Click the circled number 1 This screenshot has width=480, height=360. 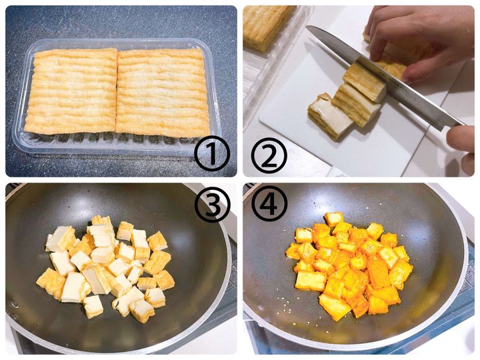212,154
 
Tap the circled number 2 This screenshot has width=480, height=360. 269,154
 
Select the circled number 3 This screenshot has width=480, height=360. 212,202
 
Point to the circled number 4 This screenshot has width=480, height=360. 269,202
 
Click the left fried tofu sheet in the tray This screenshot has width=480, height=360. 71,91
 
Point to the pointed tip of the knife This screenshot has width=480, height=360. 307,27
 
